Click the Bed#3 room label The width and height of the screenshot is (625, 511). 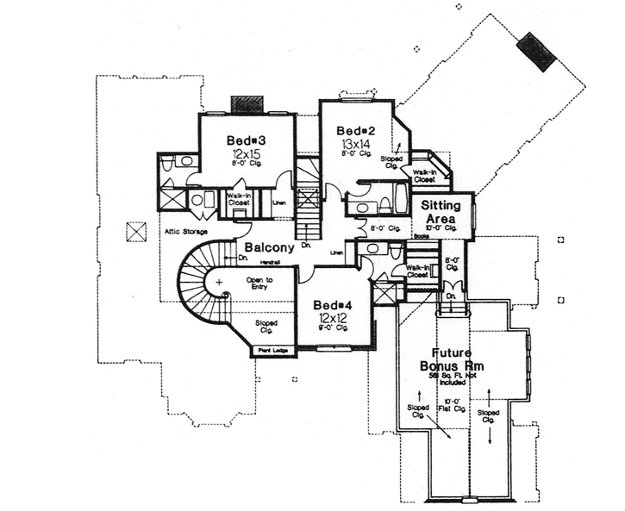(245, 140)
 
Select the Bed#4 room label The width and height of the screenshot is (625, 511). (330, 306)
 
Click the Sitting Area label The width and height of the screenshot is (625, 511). (441, 213)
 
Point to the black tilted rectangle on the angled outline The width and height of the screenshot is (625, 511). (536, 52)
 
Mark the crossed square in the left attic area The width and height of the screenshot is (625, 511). (134, 230)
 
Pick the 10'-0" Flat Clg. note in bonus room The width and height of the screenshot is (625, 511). (451, 402)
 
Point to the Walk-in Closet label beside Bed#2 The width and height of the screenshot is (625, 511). (423, 176)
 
